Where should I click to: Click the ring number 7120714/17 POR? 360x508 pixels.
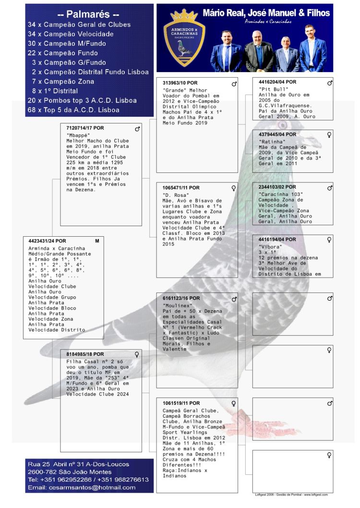[x=85, y=128]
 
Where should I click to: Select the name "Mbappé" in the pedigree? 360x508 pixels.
[x=78, y=135]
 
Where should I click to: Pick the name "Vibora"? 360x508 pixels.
[x=270, y=247]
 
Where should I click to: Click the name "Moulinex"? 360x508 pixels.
[x=178, y=305]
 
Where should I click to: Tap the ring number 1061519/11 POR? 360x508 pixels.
[x=181, y=403]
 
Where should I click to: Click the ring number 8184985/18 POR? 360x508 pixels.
[x=85, y=354]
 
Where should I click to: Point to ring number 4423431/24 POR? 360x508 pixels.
[x=47, y=241]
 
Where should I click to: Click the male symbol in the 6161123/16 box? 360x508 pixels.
[x=234, y=299]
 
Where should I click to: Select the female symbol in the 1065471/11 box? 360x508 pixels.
[x=234, y=188]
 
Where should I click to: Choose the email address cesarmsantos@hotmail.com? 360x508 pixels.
[x=82, y=487]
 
